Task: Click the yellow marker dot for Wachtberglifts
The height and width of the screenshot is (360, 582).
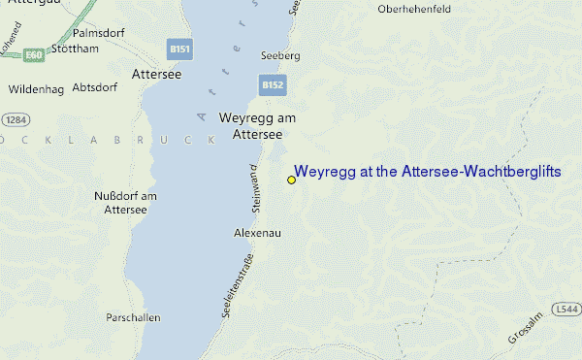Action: click(x=291, y=180)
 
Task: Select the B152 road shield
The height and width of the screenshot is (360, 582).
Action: click(x=273, y=85)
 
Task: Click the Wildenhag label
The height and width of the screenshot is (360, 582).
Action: click(x=35, y=89)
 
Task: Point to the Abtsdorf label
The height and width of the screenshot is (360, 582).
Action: click(x=95, y=85)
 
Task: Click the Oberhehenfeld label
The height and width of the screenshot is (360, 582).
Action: click(x=420, y=10)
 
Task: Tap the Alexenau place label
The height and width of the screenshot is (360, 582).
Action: click(x=258, y=233)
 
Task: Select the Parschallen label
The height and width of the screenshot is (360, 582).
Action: click(x=134, y=317)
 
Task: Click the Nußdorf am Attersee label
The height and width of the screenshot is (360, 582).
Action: click(x=124, y=203)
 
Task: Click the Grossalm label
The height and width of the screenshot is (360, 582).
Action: click(x=522, y=330)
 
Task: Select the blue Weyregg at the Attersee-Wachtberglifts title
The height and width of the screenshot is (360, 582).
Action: click(x=428, y=172)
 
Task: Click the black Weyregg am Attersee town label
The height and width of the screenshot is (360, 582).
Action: click(x=257, y=126)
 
